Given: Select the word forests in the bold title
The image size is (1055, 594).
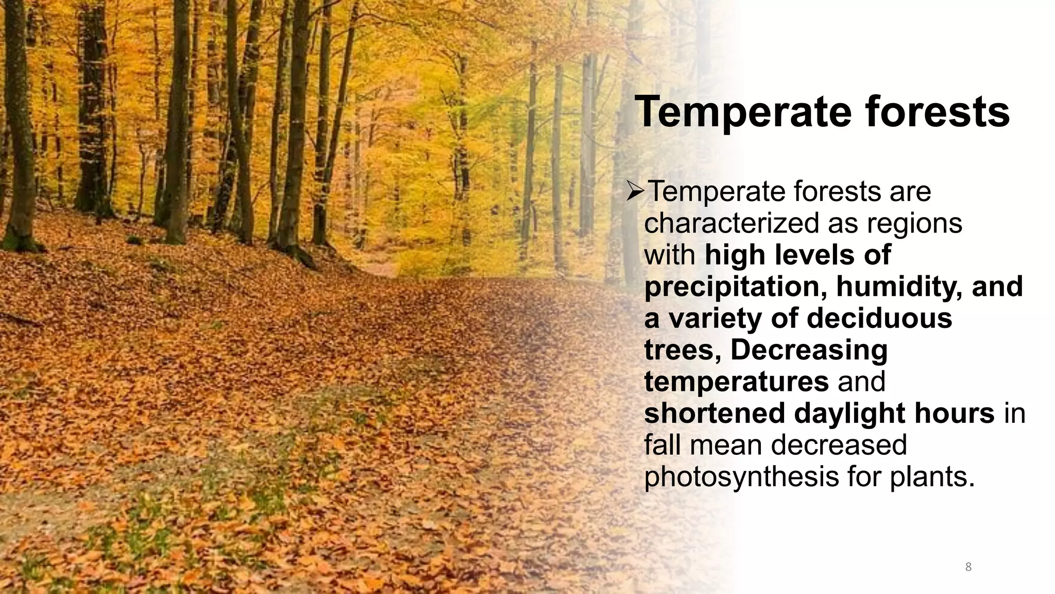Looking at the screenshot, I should [937, 112].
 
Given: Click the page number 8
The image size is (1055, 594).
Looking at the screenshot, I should [968, 567].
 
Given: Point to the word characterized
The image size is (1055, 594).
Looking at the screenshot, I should [732, 223].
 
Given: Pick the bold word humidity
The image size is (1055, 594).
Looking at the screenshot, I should [899, 287].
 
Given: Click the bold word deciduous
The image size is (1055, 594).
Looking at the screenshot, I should [879, 318].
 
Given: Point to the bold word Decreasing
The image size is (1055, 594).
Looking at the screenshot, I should [809, 350].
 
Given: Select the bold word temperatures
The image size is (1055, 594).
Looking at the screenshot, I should [736, 382].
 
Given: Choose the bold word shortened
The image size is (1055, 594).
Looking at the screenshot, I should [715, 414].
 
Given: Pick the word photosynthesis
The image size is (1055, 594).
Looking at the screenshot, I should [742, 477].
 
